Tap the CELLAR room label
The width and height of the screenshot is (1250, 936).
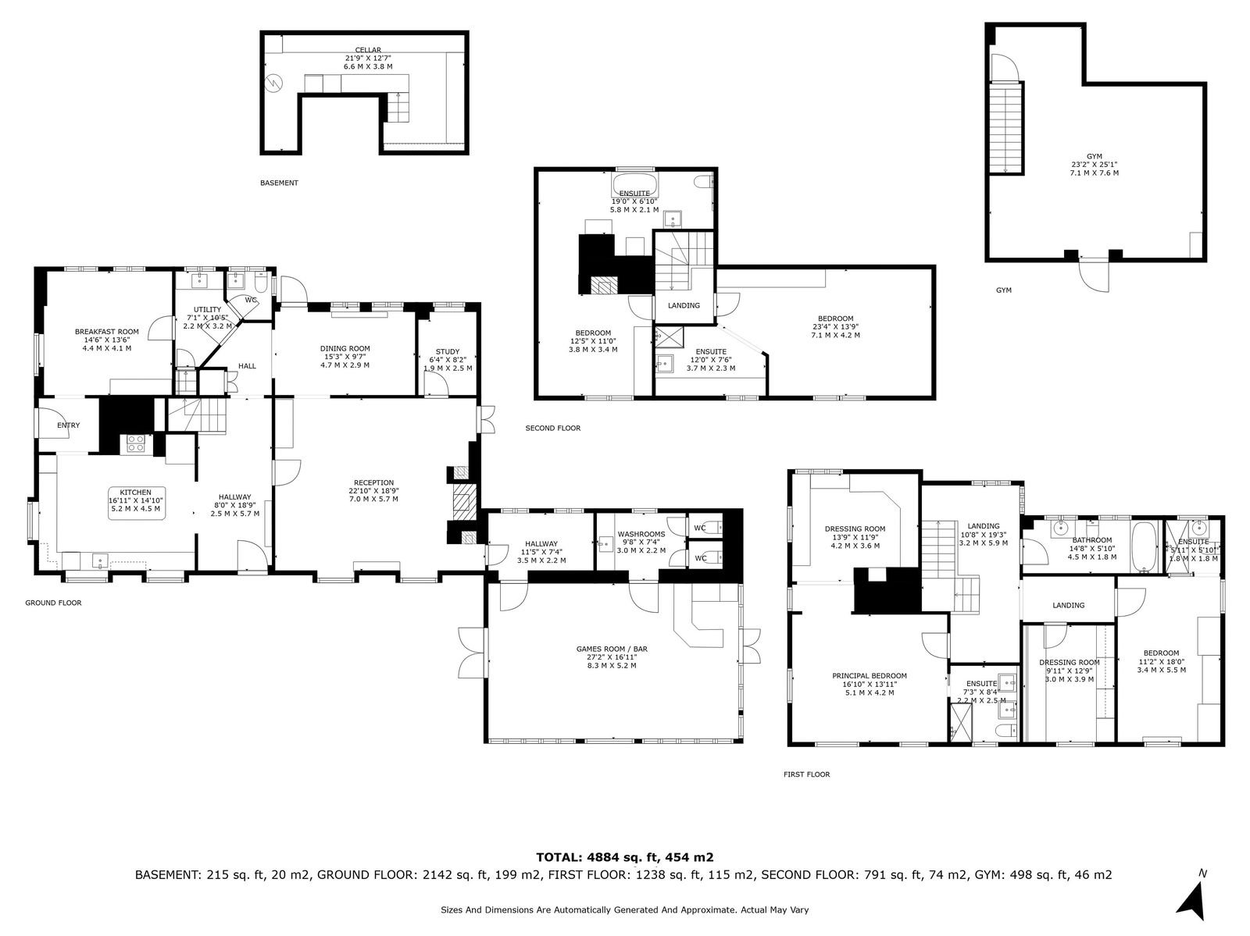click(x=368, y=50)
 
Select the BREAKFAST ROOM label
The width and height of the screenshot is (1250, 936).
click(x=107, y=332)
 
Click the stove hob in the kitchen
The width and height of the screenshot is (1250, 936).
click(x=135, y=443)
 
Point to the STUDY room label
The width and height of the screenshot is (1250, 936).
click(x=448, y=351)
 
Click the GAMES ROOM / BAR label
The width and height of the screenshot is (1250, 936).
click(x=612, y=649)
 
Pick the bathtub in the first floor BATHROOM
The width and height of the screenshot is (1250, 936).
click(x=1144, y=546)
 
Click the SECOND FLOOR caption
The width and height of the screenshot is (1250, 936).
click(x=553, y=428)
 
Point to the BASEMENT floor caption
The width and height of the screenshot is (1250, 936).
click(x=279, y=183)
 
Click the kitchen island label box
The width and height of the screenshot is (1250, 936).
click(x=137, y=503)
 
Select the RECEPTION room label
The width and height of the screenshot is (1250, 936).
click(x=373, y=483)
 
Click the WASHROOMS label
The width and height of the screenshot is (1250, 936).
click(x=641, y=534)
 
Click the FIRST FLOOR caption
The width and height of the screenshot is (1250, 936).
click(x=806, y=774)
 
